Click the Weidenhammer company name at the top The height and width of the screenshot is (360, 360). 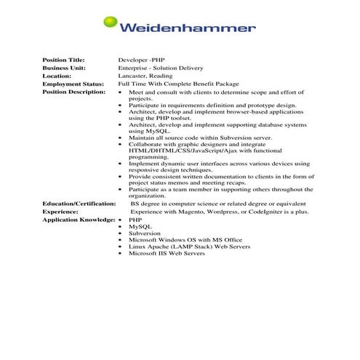click(187, 29)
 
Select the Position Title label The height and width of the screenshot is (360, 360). click(64, 59)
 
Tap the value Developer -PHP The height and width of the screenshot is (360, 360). click(143, 59)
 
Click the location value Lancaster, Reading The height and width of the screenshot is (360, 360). click(149, 76)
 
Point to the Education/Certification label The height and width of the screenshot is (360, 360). click(79, 204)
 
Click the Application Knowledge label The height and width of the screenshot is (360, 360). click(79, 220)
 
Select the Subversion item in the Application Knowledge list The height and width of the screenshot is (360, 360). click(145, 233)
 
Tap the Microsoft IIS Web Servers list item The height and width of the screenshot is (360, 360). click(168, 253)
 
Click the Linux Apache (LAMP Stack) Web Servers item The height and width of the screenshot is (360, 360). click(190, 247)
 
